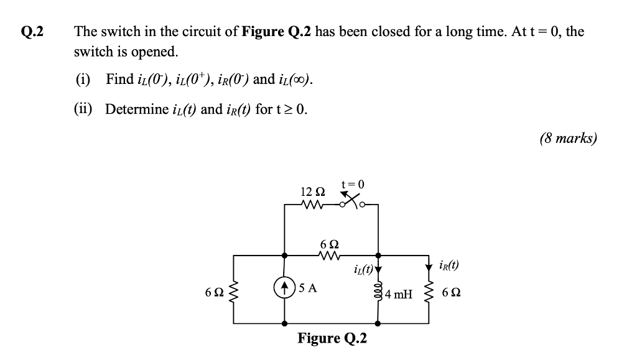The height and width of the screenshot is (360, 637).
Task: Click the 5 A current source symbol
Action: pyautogui.click(x=285, y=288)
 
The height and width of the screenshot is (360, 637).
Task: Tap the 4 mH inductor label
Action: pyautogui.click(x=399, y=294)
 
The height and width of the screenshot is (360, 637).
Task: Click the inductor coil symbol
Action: pyautogui.click(x=378, y=290)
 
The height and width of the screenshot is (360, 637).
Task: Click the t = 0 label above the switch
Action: pyautogui.click(x=353, y=183)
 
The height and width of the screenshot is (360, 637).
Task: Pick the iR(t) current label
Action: pyautogui.click(x=448, y=264)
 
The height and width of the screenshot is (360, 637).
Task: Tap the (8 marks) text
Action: pyautogui.click(x=568, y=138)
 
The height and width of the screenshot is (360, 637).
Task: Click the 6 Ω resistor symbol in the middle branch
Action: pyautogui.click(x=328, y=255)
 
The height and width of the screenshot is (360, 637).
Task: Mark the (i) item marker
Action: pyautogui.click(x=83, y=80)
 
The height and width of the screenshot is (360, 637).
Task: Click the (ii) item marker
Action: pyautogui.click(x=84, y=109)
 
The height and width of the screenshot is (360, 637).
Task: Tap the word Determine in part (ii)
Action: pyautogui.click(x=136, y=109)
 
